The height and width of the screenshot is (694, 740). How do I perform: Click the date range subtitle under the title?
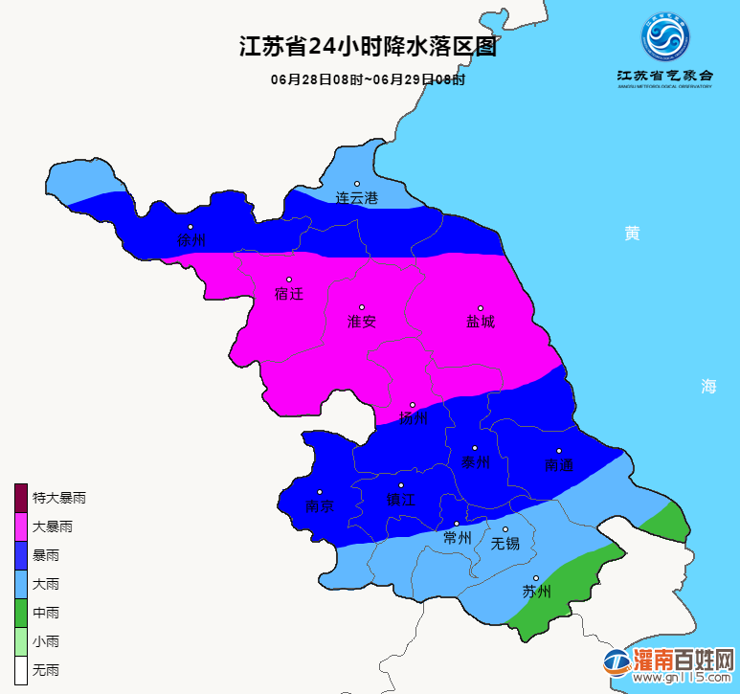click(x=368, y=80)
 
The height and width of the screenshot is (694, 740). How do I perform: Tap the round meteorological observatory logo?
click(x=665, y=37)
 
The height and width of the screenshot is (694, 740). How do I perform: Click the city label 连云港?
click(x=356, y=198)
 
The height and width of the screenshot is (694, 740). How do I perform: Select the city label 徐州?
click(x=191, y=240)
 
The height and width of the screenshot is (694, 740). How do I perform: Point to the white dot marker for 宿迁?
click(x=289, y=280)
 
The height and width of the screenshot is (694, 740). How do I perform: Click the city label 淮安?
click(x=361, y=322)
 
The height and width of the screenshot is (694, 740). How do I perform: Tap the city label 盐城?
click(x=481, y=322)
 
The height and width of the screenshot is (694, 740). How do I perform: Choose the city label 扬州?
click(x=413, y=418)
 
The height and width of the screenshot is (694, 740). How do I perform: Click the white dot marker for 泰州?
click(x=475, y=448)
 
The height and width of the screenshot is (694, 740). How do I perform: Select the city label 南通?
click(x=558, y=465)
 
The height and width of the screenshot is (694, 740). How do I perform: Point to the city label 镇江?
click(x=400, y=500)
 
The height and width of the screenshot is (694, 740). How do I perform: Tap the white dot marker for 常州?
click(x=457, y=524)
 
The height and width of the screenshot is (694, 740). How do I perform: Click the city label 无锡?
click(x=505, y=544)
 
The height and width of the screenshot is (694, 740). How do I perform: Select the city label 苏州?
click(x=536, y=592)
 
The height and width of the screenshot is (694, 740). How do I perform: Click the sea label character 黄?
click(x=631, y=234)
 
